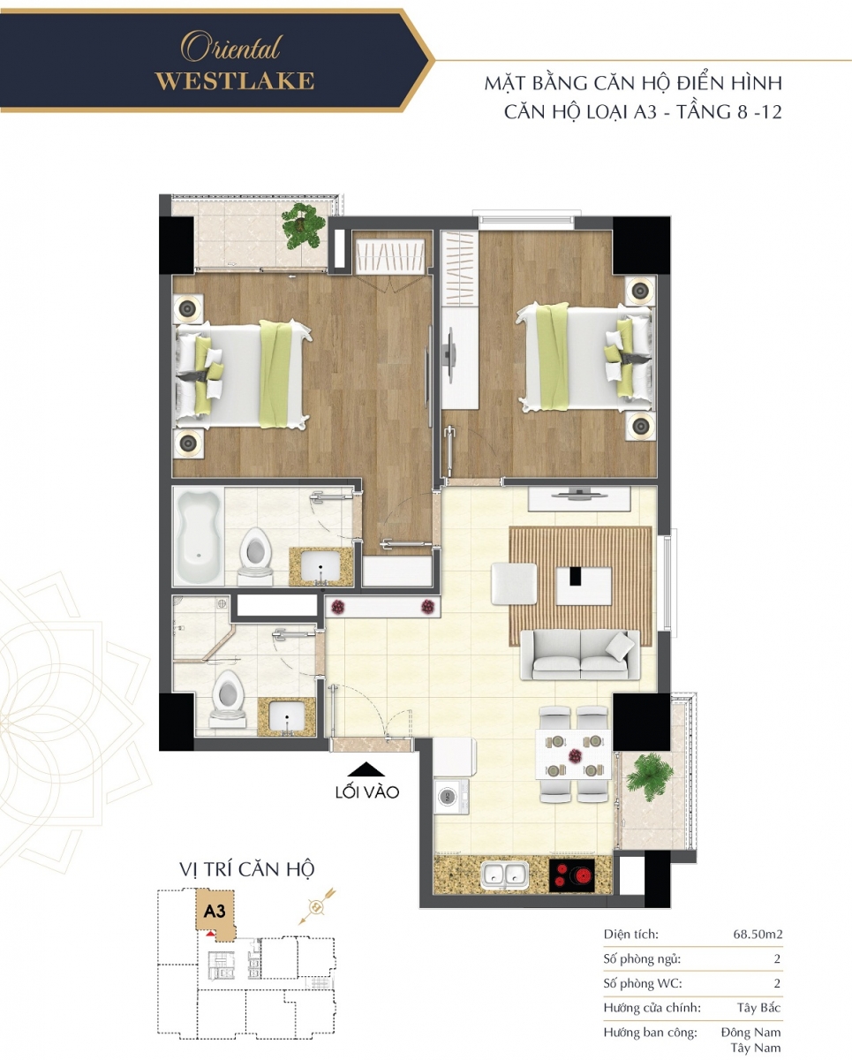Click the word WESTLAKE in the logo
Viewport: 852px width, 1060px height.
[235, 81]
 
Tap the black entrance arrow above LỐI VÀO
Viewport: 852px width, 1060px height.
[366, 769]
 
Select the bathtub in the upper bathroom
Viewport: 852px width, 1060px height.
[197, 536]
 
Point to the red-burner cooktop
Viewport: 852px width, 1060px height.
[572, 875]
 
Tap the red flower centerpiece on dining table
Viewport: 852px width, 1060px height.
[574, 755]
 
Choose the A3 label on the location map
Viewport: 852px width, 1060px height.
[215, 912]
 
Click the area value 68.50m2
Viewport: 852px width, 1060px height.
[758, 935]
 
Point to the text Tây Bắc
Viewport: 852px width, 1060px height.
[759, 1008]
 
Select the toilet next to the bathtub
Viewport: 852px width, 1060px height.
[255, 554]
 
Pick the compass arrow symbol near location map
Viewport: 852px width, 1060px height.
[317, 906]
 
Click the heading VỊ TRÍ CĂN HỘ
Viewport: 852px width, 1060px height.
[246, 869]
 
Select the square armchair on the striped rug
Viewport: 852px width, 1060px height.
[514, 584]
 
